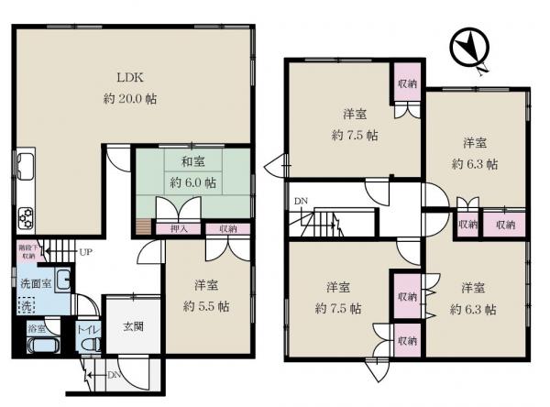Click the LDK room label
[128, 77]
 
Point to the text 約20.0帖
[128, 98]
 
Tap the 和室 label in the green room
[192, 163]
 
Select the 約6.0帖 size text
[192, 183]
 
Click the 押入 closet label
[179, 228]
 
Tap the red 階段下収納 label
[27, 251]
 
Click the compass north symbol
[470, 48]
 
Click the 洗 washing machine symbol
[28, 303]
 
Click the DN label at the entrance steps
[113, 374]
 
